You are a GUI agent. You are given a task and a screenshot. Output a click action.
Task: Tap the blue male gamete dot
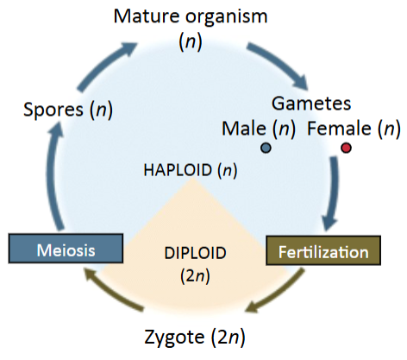pos(266,148)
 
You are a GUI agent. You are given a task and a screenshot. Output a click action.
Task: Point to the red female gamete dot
pos(346,148)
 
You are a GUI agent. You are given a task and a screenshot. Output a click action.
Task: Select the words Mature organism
pos(203,16)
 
